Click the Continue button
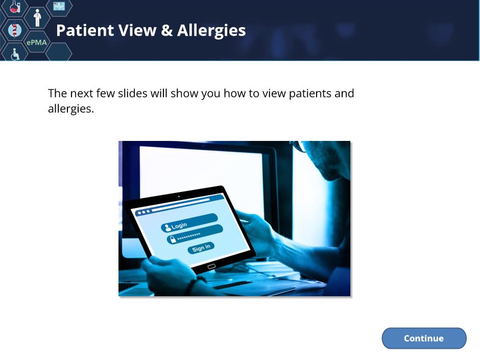pos(424,338)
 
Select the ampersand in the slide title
pos(166,31)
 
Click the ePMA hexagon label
pos(37,42)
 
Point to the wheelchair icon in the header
pos(15,54)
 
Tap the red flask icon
pos(15,7)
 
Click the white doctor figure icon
pos(37,17)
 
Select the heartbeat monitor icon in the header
pos(59,6)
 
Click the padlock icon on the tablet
pos(173,239)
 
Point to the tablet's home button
pos(211,267)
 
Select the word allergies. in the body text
pos(70,109)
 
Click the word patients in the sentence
pos(310,93)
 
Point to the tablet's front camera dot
pos(179,197)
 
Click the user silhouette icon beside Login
pos(167,227)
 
